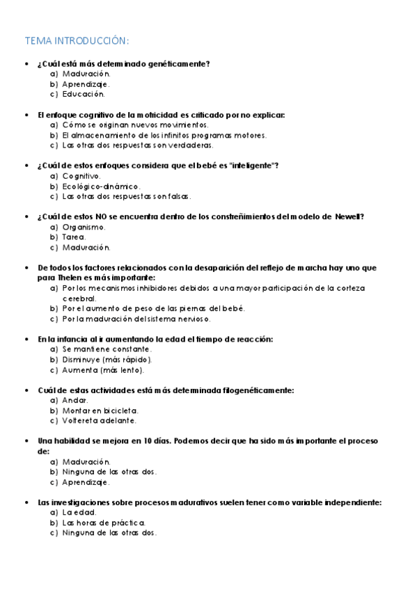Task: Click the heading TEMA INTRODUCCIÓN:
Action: click(77, 40)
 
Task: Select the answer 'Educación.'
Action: click(84, 94)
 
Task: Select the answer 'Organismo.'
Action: click(84, 227)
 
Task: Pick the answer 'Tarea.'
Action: click(74, 237)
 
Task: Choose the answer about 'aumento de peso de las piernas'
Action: click(154, 308)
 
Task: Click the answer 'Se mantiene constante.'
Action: click(107, 349)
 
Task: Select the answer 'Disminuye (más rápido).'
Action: click(107, 360)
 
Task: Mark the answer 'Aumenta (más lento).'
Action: click(102, 370)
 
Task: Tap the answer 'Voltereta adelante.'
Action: click(100, 421)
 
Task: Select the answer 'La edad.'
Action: click(79, 513)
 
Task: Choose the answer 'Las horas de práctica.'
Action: click(104, 523)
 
